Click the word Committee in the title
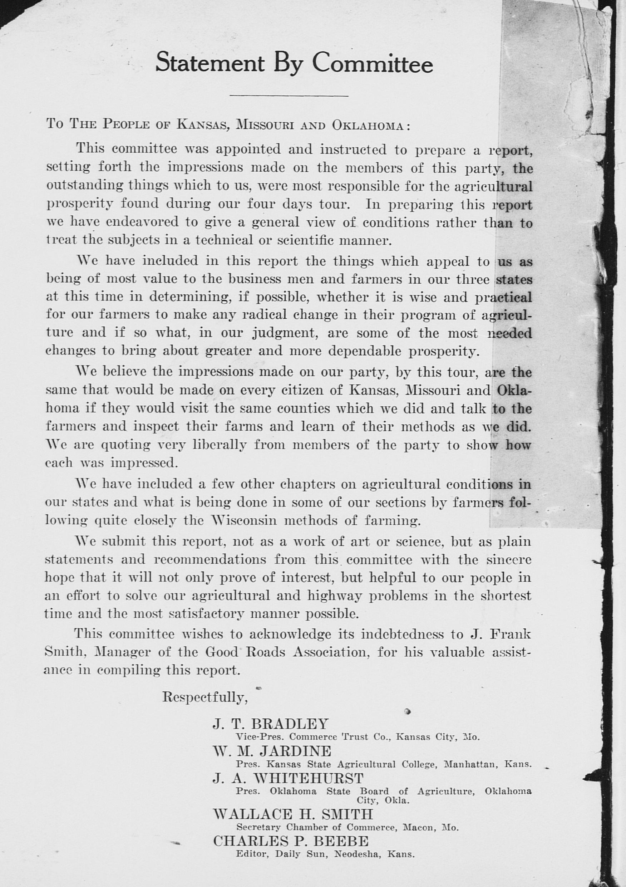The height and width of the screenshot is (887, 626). [372, 63]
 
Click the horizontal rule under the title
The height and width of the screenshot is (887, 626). [289, 95]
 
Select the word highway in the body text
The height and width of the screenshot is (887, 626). [334, 596]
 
